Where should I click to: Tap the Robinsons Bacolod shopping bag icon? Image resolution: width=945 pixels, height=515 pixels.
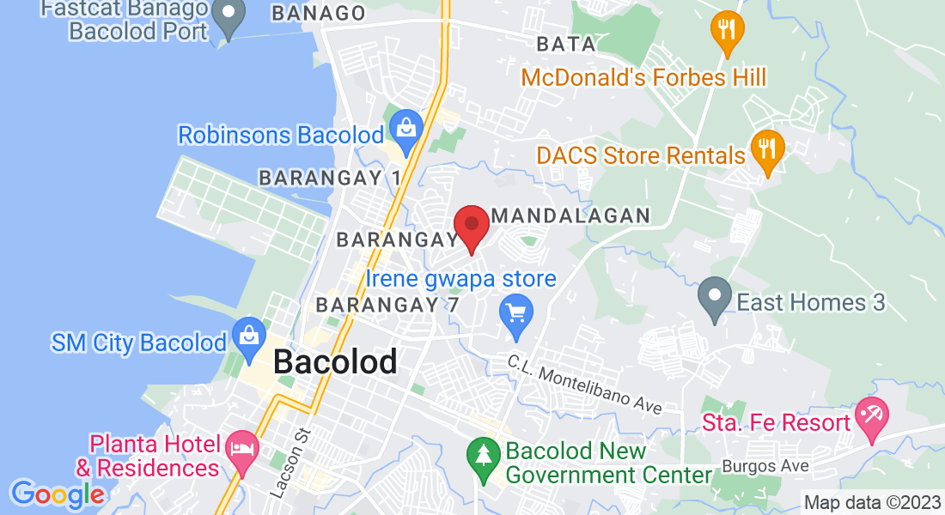(405, 129)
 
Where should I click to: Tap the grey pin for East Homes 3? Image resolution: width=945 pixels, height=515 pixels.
(715, 298)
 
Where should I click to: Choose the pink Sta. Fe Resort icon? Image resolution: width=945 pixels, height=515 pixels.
(872, 419)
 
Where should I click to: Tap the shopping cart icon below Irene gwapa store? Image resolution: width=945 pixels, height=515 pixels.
(516, 312)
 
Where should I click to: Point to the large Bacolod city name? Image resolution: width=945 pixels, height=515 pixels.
(335, 361)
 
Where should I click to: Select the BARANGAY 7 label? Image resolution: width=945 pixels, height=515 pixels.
(387, 305)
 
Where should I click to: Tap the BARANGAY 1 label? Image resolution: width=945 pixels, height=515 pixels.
(330, 178)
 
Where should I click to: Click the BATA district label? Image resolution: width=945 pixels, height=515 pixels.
(566, 44)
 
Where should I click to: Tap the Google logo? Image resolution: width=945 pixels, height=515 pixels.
(57, 494)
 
